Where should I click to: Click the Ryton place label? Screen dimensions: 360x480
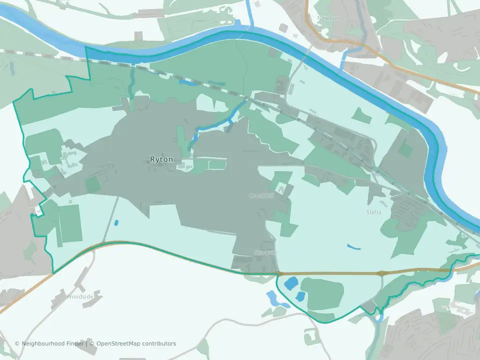tap(161, 159)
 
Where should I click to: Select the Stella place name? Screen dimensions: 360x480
tap(373, 212)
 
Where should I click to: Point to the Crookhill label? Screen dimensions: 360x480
tap(261, 195)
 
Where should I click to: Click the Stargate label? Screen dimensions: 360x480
tap(265, 252)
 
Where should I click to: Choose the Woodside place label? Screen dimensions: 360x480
tap(80, 296)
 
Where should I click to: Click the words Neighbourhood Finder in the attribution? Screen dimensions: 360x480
tap(50, 343)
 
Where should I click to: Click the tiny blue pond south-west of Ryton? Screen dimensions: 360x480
tap(116, 222)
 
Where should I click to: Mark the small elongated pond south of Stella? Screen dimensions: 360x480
tap(353, 246)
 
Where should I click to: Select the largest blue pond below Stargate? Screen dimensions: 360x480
tap(290, 283)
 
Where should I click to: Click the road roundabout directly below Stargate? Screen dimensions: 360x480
tap(279, 273)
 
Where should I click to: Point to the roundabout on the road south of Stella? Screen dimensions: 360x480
tap(382, 273)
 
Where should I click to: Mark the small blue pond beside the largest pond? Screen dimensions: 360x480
tap(300, 296)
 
